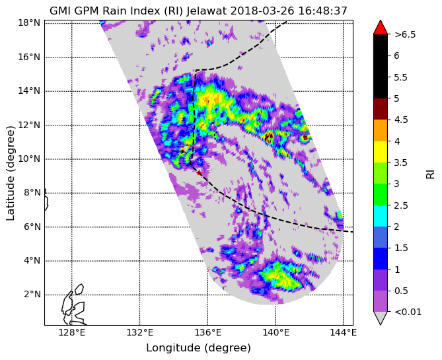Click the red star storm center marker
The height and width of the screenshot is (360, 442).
pyautogui.click(x=200, y=172)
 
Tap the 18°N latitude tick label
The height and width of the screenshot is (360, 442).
pyautogui.click(x=29, y=23)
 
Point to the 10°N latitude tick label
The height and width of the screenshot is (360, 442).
pyautogui.click(x=29, y=159)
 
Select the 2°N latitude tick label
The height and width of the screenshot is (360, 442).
pyautogui.click(x=32, y=295)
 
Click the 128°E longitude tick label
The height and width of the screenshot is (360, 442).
pyautogui.click(x=72, y=333)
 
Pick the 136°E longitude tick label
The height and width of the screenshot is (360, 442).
pyautogui.click(x=207, y=333)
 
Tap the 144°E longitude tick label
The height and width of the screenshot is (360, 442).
pyautogui.click(x=344, y=333)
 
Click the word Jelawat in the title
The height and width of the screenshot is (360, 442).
pyautogui.click(x=207, y=11)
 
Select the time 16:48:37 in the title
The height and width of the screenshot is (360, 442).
pyautogui.click(x=322, y=11)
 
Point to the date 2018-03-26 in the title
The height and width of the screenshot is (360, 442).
pyautogui.click(x=262, y=11)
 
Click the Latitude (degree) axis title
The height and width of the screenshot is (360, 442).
pyautogui.click(x=10, y=173)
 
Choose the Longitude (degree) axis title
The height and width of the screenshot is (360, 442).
pyautogui.click(x=198, y=348)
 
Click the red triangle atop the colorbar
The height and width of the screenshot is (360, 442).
pyautogui.click(x=381, y=28)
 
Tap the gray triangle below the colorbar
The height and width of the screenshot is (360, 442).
pyautogui.click(x=381, y=318)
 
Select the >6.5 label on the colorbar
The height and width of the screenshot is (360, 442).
pyautogui.click(x=405, y=34)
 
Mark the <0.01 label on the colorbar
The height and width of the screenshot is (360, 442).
pyautogui.click(x=408, y=312)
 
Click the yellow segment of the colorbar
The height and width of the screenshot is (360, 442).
pyautogui.click(x=381, y=152)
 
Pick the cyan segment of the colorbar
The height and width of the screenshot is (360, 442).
pyautogui.click(x=381, y=216)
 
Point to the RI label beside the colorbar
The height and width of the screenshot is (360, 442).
pyautogui.click(x=431, y=172)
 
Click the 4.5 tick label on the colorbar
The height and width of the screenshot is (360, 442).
pyautogui.click(x=401, y=120)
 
